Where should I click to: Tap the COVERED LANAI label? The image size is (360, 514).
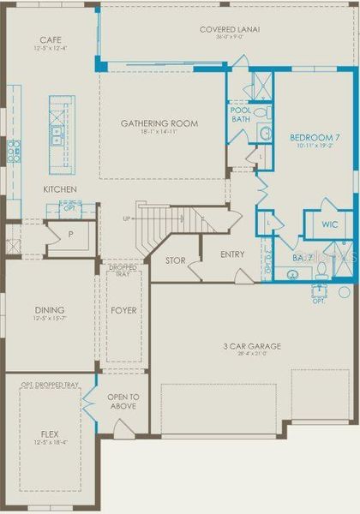[x=230, y=29]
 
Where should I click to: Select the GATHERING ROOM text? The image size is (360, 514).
[x=159, y=123]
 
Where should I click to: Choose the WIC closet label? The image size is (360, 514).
[x=330, y=224]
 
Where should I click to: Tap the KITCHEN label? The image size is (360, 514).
[x=61, y=189]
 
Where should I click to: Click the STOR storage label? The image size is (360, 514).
[x=175, y=260]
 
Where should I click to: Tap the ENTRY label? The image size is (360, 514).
[x=231, y=254]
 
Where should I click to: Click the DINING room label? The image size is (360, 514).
[x=50, y=310]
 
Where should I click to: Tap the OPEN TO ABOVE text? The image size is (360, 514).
[x=123, y=400]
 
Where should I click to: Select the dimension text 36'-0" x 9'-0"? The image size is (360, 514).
[x=230, y=38]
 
